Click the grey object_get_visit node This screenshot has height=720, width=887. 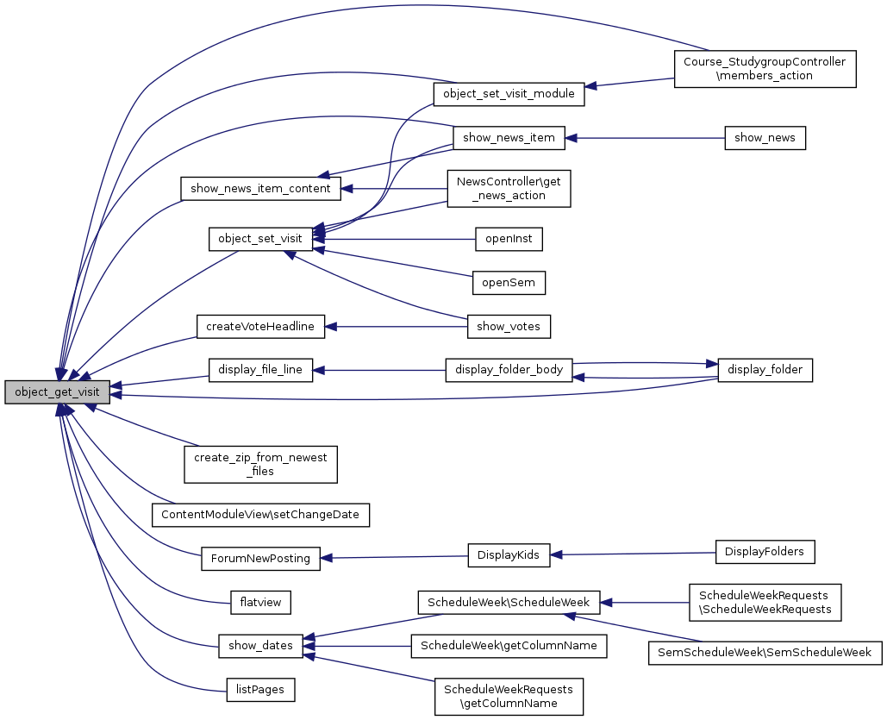tap(57, 392)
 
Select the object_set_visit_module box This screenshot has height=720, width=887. tap(509, 93)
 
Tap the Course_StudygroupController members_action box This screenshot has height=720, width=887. tap(765, 69)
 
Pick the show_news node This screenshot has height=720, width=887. tap(765, 137)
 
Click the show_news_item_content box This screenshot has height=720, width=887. tap(261, 187)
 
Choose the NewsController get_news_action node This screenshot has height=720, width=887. tap(509, 188)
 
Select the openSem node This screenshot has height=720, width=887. tap(509, 282)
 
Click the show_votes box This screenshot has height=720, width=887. tap(509, 326)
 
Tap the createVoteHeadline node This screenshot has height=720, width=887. tap(261, 326)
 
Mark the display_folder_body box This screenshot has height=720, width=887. tap(509, 370)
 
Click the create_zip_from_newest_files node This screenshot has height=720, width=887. tap(261, 464)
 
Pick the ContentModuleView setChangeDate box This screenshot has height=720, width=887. tap(261, 516)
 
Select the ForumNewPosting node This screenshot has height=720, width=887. tap(261, 558)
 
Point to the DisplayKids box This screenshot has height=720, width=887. tap(509, 555)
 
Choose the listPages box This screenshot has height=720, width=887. tap(261, 689)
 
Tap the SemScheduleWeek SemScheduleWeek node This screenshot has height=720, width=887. tap(765, 653)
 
